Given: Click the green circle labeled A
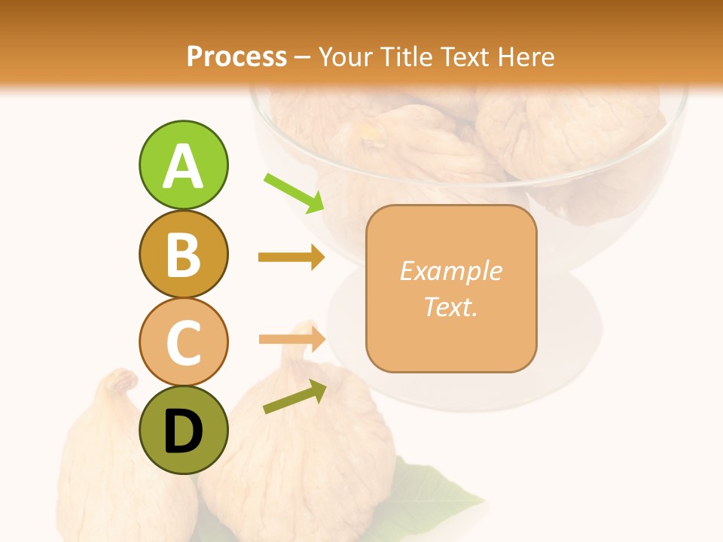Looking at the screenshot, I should click(183, 165).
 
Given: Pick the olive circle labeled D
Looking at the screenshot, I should click(183, 431).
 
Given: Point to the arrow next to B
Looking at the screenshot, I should click(291, 257).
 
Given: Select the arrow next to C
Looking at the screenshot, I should click(291, 340).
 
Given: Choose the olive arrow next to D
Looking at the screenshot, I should click(294, 397).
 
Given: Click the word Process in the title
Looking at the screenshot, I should click(236, 57).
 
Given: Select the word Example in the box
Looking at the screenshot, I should click(450, 271).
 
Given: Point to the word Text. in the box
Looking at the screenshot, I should click(450, 306).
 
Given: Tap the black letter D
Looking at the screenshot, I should click(183, 432).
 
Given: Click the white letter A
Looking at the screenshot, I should click(183, 167).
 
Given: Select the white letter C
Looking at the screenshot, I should click(183, 343).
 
